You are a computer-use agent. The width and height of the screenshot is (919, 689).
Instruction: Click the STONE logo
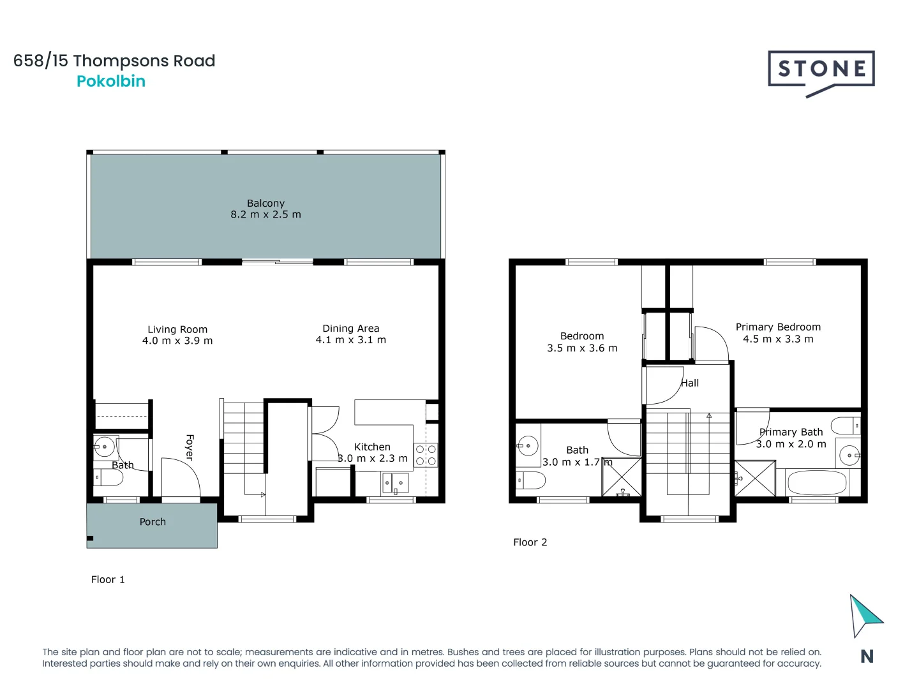(x=821, y=73)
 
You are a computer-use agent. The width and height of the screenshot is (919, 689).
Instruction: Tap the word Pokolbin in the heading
(x=111, y=81)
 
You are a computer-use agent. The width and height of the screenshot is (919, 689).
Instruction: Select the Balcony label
(x=265, y=204)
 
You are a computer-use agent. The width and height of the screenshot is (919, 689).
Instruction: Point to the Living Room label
(x=177, y=330)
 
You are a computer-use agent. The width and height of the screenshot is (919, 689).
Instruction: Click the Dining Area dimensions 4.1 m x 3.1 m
(x=350, y=340)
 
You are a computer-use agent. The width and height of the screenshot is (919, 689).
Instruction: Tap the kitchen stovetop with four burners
(x=426, y=455)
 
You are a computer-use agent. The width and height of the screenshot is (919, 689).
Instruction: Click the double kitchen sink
(x=394, y=483)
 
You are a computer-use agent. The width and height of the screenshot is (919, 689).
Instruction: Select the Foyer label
(x=190, y=447)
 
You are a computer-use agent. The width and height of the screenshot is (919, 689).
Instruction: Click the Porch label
(x=153, y=522)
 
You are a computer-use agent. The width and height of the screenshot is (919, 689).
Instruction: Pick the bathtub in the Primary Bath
(x=816, y=483)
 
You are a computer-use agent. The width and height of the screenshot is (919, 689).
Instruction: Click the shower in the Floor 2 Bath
(x=622, y=477)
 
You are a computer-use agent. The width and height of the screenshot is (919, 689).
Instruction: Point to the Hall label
(x=689, y=383)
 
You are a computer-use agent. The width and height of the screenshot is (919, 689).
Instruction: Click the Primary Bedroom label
(x=778, y=327)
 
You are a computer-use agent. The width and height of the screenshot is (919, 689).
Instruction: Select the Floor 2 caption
(x=530, y=542)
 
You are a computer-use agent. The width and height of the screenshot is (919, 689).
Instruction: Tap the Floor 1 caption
(x=108, y=580)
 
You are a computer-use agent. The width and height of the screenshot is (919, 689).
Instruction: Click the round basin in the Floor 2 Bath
(x=528, y=446)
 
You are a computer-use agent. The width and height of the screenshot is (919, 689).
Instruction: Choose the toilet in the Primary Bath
(x=846, y=426)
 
